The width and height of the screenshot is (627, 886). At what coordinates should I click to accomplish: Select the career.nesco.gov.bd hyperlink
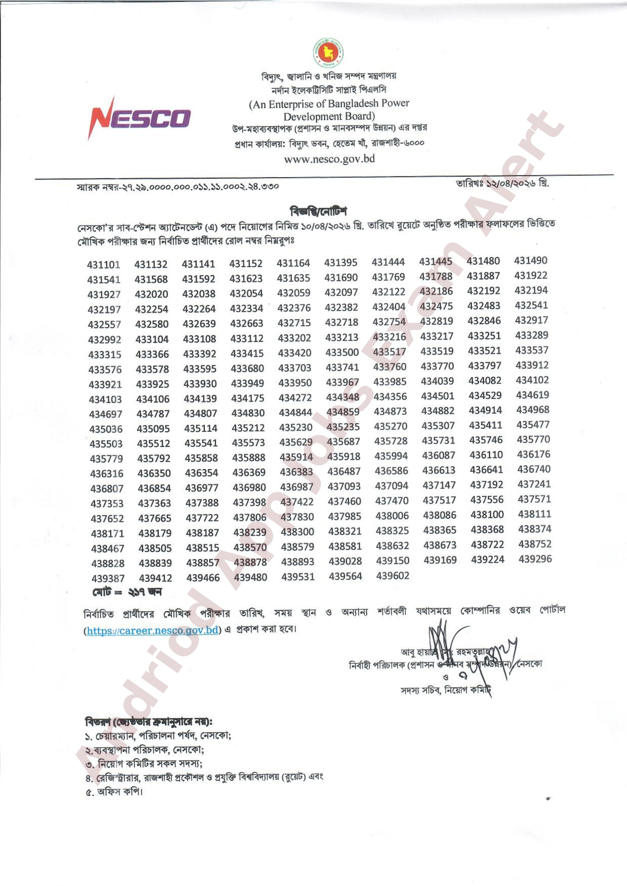coord(153,630)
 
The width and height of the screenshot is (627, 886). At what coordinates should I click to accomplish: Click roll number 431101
coord(104,265)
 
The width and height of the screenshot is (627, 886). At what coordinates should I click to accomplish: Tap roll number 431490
coord(530,261)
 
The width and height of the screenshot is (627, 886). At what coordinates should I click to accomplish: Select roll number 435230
coord(296,427)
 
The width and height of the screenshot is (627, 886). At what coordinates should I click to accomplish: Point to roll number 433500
coord(342,352)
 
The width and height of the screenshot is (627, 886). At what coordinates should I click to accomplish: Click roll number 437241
coord(534,484)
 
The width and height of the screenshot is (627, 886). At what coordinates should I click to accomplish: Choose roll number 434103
coord(105,399)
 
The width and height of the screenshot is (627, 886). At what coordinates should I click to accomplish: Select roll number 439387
coord(108,578)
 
